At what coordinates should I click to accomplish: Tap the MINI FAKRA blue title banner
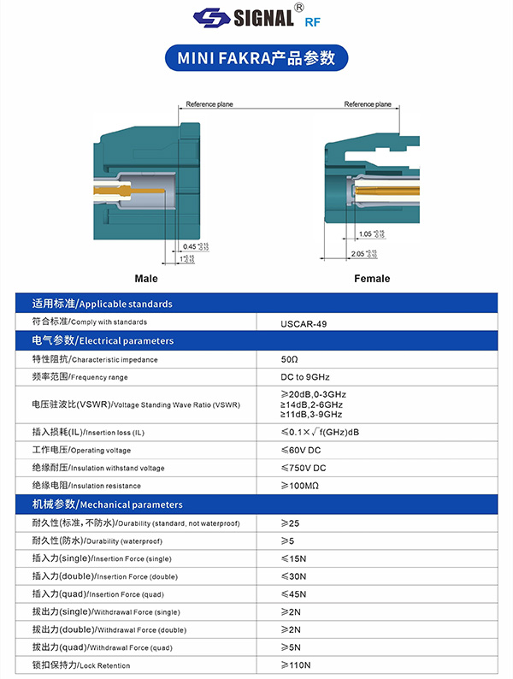pos(256,57)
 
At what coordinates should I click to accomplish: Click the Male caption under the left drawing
pos(146,279)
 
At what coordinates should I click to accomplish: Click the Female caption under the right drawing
pos(372,279)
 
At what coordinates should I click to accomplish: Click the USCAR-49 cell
pos(304,324)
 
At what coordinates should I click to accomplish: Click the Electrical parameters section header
pos(103,340)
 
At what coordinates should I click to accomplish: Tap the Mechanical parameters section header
pos(107,505)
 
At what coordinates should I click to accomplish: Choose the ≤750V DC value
pos(304,468)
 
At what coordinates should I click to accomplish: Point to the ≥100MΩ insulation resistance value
pos(300,486)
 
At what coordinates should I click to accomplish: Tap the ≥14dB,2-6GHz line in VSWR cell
pos(312,404)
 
